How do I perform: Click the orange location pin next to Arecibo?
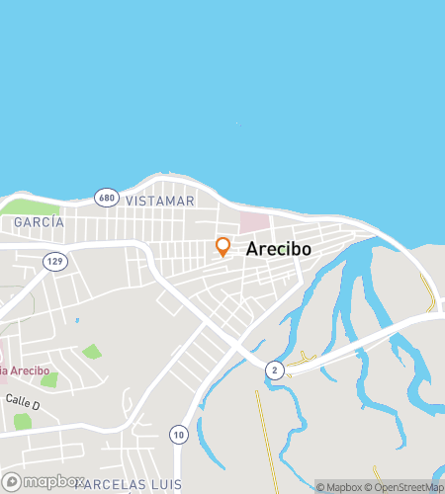click(x=223, y=247)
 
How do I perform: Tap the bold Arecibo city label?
click(x=278, y=249)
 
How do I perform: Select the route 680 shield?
click(x=107, y=198)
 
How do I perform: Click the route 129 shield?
click(x=55, y=261)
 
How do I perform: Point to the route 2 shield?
click(x=274, y=370)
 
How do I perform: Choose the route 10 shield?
click(x=178, y=433)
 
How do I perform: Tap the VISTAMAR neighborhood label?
click(x=160, y=201)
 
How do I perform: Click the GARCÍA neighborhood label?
click(x=39, y=222)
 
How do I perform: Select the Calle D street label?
click(x=22, y=403)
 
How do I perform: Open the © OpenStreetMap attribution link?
click(x=406, y=486)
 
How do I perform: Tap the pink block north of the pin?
click(x=254, y=223)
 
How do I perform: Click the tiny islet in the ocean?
click(x=236, y=124)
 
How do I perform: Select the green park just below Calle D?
click(x=22, y=422)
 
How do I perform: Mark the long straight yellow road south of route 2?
click(x=262, y=435)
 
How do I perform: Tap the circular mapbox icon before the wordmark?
click(x=11, y=481)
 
